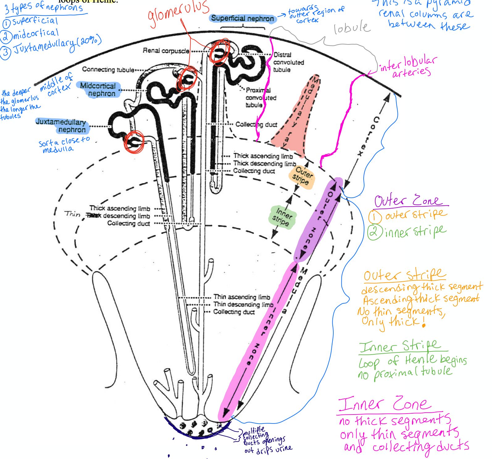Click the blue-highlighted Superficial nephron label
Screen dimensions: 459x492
243,19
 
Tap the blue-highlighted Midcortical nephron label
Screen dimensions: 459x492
98,90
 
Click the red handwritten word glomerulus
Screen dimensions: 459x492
178,13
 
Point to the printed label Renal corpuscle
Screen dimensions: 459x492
166,51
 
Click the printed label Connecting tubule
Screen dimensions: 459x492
108,69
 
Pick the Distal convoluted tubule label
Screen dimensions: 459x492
288,62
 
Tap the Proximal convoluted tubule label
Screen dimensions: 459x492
261,98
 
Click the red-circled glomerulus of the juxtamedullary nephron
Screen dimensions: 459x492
134,142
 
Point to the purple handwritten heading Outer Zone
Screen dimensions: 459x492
407,201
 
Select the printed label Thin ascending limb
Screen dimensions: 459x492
242,297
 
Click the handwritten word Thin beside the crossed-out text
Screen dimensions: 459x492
73,214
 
